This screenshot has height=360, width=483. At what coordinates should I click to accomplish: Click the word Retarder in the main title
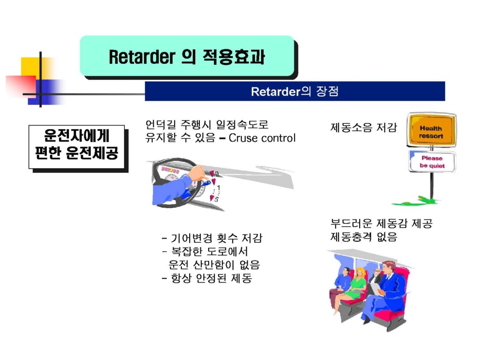point(142,57)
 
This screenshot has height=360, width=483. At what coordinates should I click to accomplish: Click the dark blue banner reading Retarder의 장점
point(295,91)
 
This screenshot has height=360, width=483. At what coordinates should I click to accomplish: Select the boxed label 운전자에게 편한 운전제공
point(77,147)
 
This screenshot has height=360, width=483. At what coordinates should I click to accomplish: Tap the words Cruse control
point(262,138)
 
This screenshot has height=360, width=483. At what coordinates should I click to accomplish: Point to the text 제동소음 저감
point(363,128)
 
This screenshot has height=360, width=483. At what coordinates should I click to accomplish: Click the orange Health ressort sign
point(431,130)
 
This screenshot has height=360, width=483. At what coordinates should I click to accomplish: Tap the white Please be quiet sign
point(432,162)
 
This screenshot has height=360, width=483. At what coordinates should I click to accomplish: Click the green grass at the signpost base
point(416,201)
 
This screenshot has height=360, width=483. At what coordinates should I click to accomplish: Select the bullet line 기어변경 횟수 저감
point(212,238)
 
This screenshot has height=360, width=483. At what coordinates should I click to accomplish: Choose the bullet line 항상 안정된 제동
point(207,278)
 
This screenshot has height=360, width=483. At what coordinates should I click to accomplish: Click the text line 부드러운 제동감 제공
point(381,223)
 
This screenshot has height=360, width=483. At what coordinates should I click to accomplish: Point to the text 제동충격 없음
point(364,237)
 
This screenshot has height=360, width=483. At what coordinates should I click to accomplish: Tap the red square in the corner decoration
point(22,85)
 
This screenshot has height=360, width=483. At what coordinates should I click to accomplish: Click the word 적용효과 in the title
point(233,57)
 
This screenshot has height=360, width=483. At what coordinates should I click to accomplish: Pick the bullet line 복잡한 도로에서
point(205,251)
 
